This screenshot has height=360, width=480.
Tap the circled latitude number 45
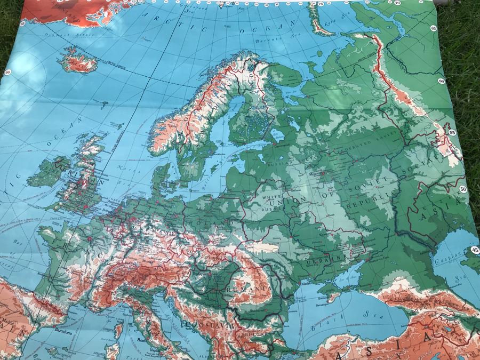(475, 250)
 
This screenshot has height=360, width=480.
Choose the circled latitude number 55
(452, 132)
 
